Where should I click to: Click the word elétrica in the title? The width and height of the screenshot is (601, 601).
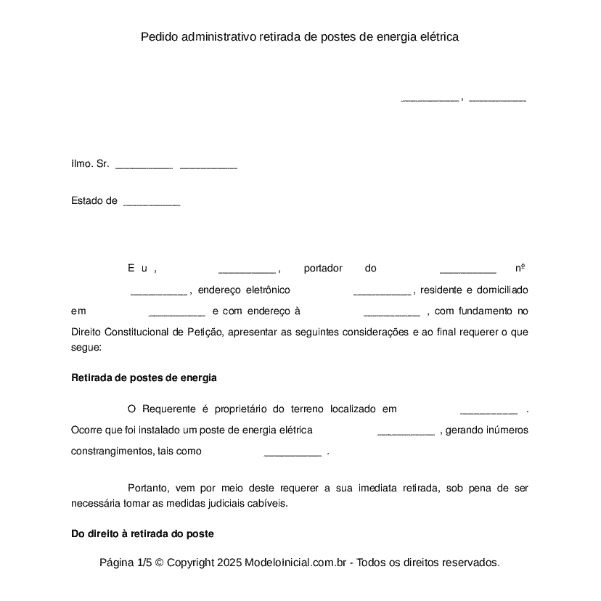pyautogui.click(x=438, y=36)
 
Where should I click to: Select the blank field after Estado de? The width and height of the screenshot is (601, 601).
pyautogui.click(x=152, y=203)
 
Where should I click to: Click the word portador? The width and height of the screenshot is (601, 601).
pyautogui.click(x=323, y=269)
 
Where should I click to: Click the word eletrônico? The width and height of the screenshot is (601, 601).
pyautogui.click(x=263, y=290)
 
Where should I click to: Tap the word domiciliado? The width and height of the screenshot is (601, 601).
pyautogui.click(x=501, y=290)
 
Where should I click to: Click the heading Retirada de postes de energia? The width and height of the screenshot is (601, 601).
pyautogui.click(x=144, y=378)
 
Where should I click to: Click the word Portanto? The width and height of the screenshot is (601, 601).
pyautogui.click(x=150, y=488)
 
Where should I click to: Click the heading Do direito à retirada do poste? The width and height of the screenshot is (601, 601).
pyautogui.click(x=142, y=534)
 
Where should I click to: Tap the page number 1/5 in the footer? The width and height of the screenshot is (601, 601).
pyautogui.click(x=144, y=563)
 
